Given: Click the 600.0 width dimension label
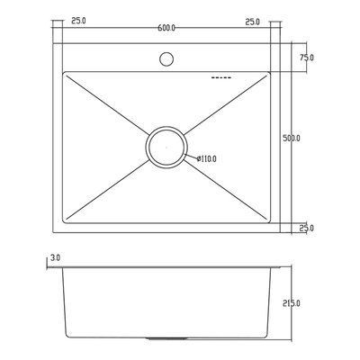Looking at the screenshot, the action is pos(166,28).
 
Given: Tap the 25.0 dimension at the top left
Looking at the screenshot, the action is pos(78,21).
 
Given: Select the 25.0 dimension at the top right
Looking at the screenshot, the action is pos(253,22).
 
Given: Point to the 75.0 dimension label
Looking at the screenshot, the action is pos(307,58).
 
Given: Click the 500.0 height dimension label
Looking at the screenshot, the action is pos(292,139).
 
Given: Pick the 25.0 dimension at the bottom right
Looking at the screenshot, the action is pos(307,229).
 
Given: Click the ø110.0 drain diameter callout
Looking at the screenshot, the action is pos(206,158).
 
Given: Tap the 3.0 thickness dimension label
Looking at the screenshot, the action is pos(56,257).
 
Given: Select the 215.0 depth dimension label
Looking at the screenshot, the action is pos(292,303).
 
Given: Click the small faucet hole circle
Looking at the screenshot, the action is pos(166,59).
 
